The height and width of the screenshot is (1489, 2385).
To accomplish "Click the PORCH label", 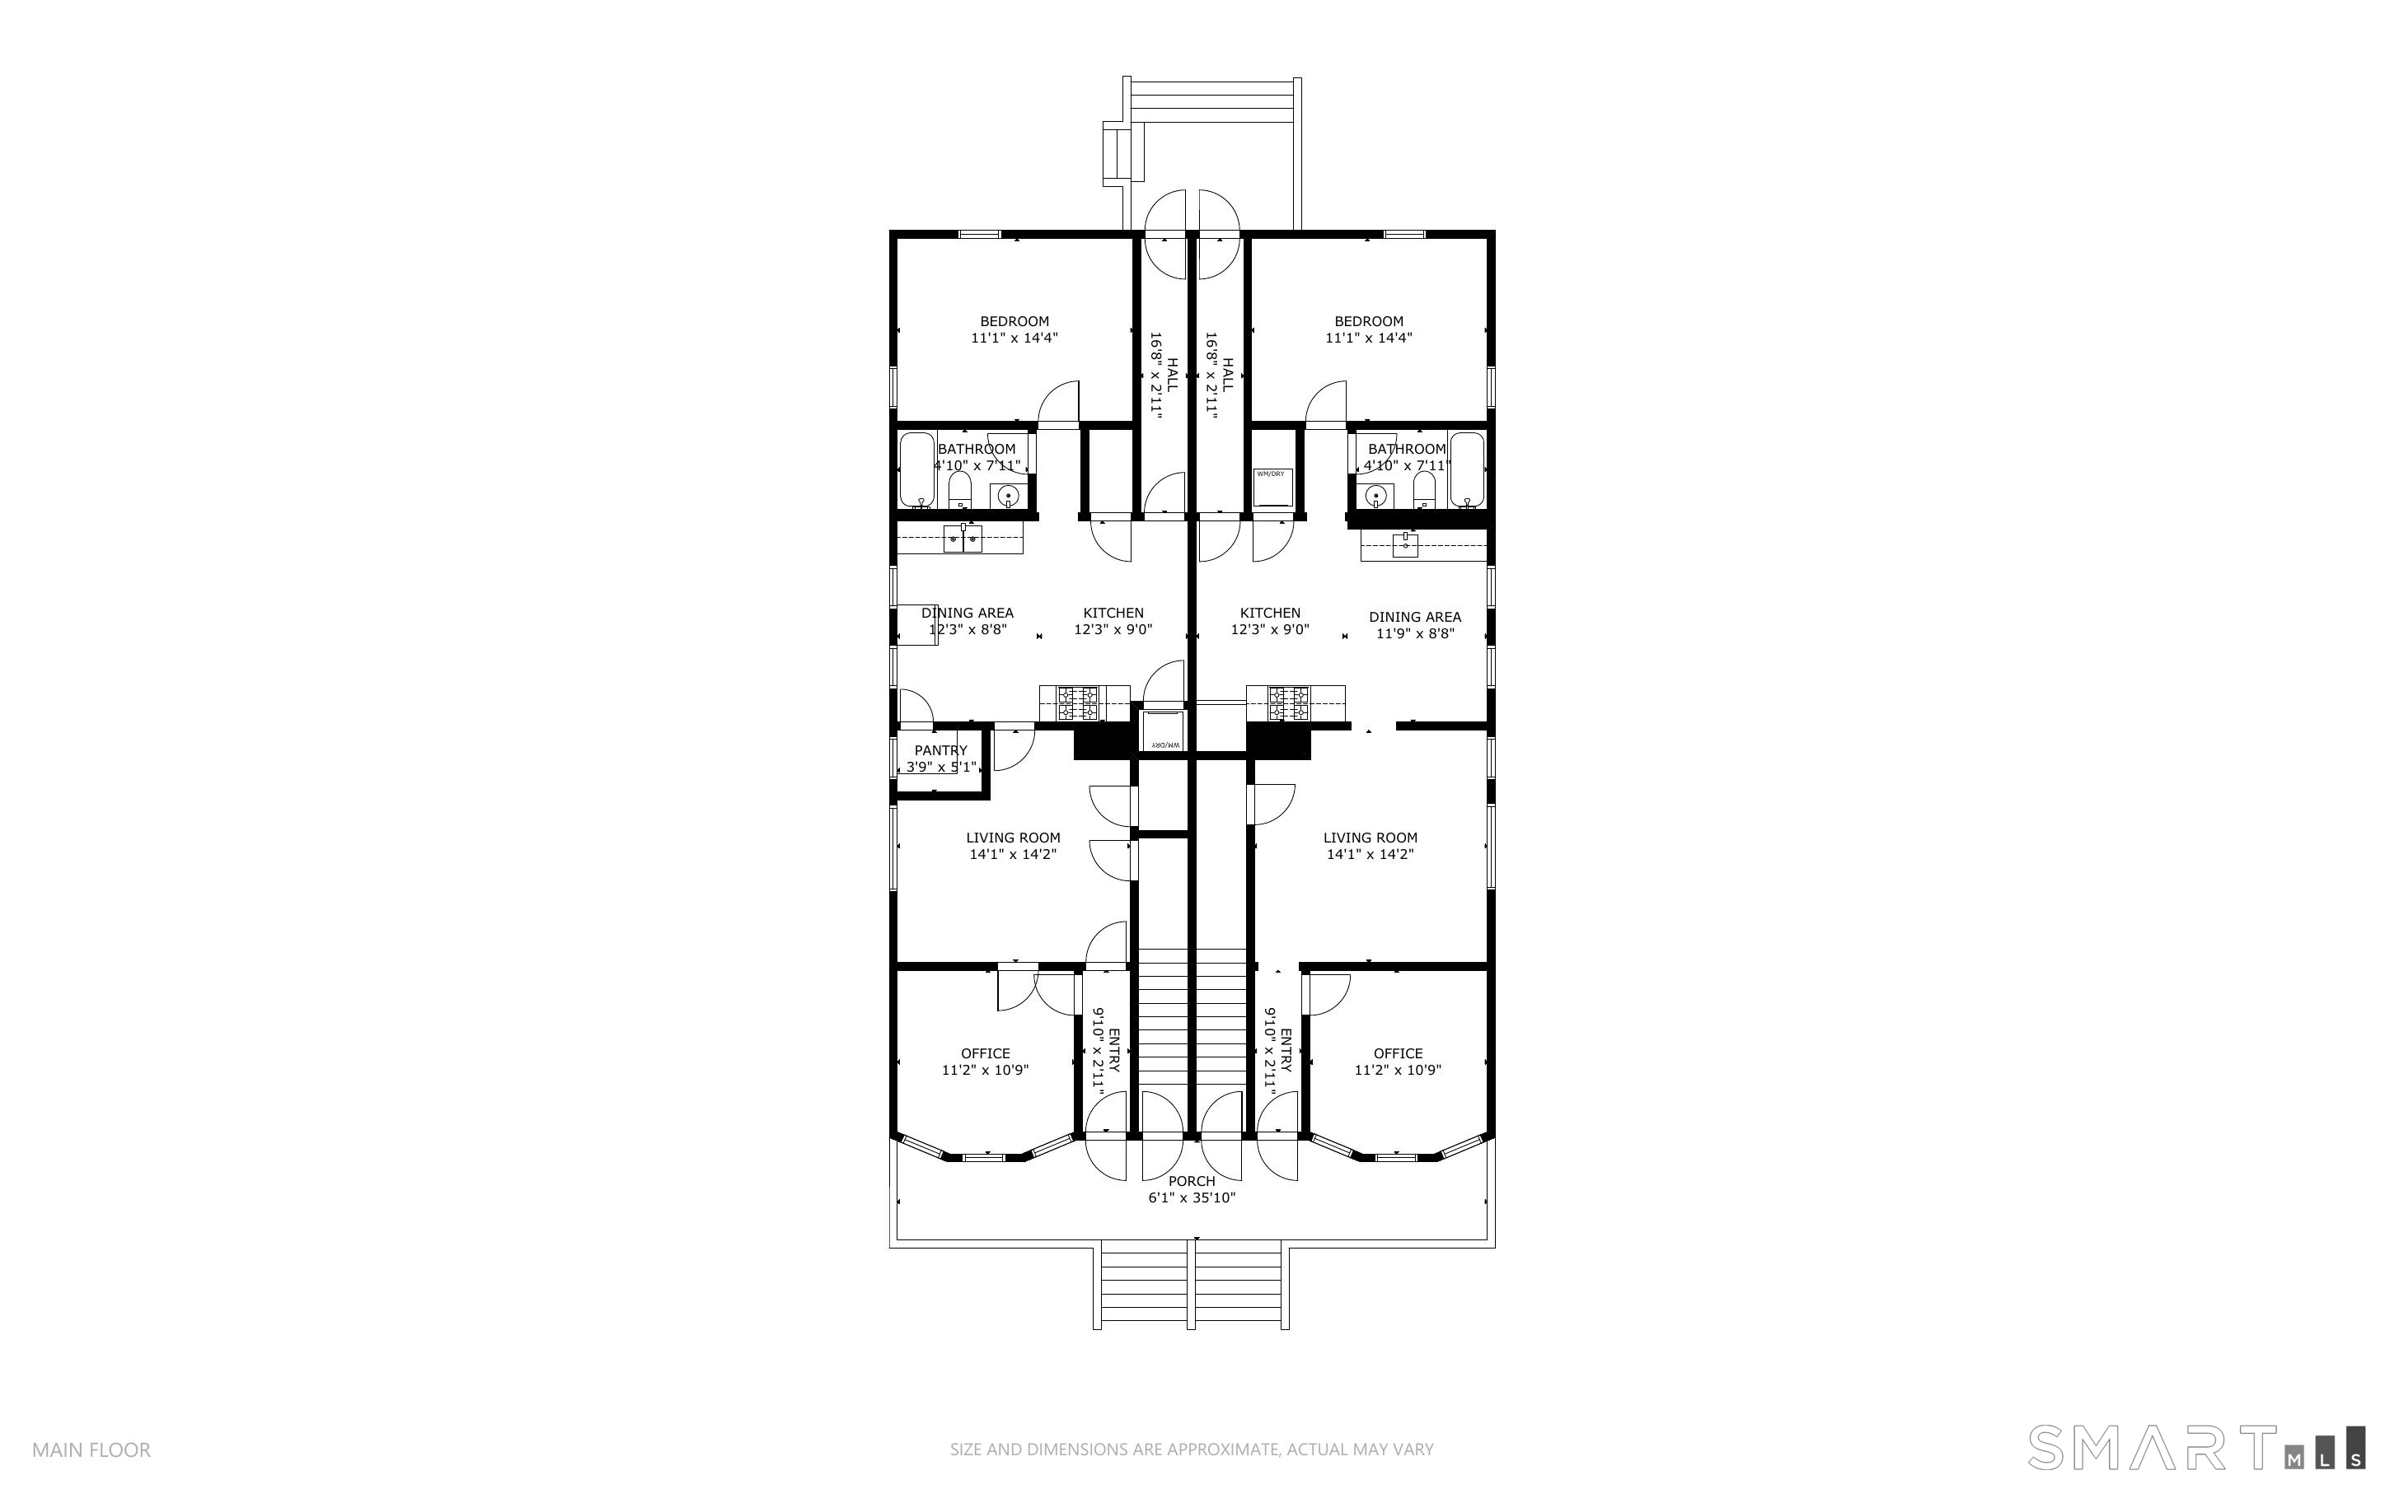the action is pos(1191,1181).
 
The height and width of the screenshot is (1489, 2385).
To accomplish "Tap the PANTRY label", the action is pos(941,750).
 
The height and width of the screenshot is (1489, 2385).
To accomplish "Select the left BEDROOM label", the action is pos(1014,321).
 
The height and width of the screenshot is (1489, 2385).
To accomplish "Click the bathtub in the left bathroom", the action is pos(917,469).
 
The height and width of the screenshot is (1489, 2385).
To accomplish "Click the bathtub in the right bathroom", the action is pos(1466,469).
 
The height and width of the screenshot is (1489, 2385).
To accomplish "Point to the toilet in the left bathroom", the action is pos(959,490).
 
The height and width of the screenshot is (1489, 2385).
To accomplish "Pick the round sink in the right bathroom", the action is pos(1376,495).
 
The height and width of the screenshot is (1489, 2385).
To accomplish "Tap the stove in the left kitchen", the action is pos(1078,703).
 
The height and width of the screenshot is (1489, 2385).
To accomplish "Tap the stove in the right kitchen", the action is pos(1289,703).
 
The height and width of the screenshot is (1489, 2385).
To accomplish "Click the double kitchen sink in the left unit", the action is pos(963,539).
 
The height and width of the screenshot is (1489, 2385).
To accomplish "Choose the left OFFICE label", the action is pos(985,1053).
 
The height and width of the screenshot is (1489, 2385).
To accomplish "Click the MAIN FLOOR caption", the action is pos(91,1449).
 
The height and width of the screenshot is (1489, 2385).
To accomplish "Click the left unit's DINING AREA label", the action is pos(968,613).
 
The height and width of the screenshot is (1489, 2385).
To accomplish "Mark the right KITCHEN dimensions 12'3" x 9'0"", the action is pos(1270,629).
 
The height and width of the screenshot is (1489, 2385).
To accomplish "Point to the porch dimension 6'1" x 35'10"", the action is pos(1191,1197).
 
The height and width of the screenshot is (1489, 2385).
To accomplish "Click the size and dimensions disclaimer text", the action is pos(1191,1449).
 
